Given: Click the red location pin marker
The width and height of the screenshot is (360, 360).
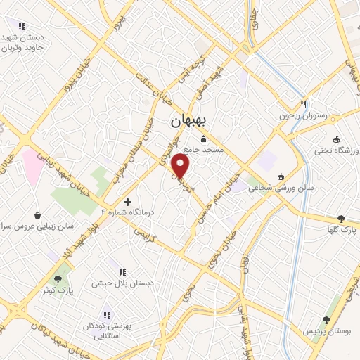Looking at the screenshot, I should tap(181, 167).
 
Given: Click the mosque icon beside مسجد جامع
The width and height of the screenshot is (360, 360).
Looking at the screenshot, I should tap(203, 139).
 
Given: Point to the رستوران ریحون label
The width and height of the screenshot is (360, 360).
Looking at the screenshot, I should tap(304, 115).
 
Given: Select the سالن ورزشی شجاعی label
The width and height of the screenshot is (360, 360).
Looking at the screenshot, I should tap(306, 188).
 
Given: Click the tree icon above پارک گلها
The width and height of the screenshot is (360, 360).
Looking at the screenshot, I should tap(342, 219).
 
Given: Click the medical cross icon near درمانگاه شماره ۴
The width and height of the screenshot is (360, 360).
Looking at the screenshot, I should tap(127, 201).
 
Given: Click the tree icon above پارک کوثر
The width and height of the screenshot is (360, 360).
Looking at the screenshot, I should tap(58, 279).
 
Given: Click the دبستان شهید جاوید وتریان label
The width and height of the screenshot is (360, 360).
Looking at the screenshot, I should tap(23, 42).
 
